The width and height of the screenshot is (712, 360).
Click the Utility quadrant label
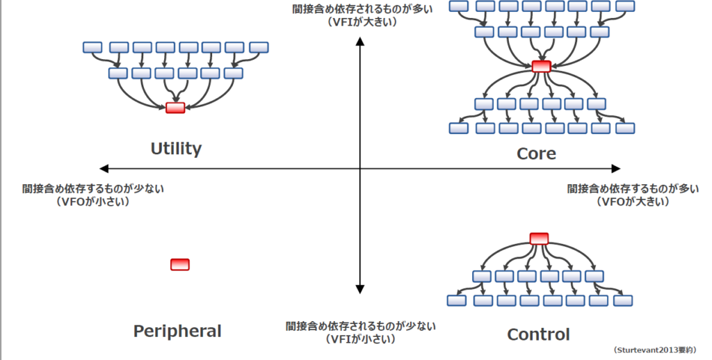click(x=176, y=149)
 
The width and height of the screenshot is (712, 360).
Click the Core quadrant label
click(x=536, y=154)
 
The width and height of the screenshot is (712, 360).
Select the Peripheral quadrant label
click(x=177, y=332)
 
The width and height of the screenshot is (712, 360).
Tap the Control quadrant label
click(x=538, y=335)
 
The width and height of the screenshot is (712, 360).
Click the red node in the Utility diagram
click(x=175, y=108)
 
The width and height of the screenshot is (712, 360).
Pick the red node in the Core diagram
click(x=541, y=67)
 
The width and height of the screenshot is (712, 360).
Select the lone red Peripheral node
click(x=180, y=264)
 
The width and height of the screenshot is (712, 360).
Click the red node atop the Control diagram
click(x=539, y=238)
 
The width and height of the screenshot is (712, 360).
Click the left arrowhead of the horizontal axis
click(x=105, y=168)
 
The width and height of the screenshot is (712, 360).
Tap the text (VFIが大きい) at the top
click(x=361, y=22)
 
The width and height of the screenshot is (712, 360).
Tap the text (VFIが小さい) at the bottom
click(x=360, y=339)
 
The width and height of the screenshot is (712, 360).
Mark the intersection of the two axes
click(x=360, y=168)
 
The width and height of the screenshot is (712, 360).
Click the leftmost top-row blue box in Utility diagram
click(x=92, y=47)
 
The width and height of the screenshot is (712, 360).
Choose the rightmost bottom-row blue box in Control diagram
click(x=622, y=300)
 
